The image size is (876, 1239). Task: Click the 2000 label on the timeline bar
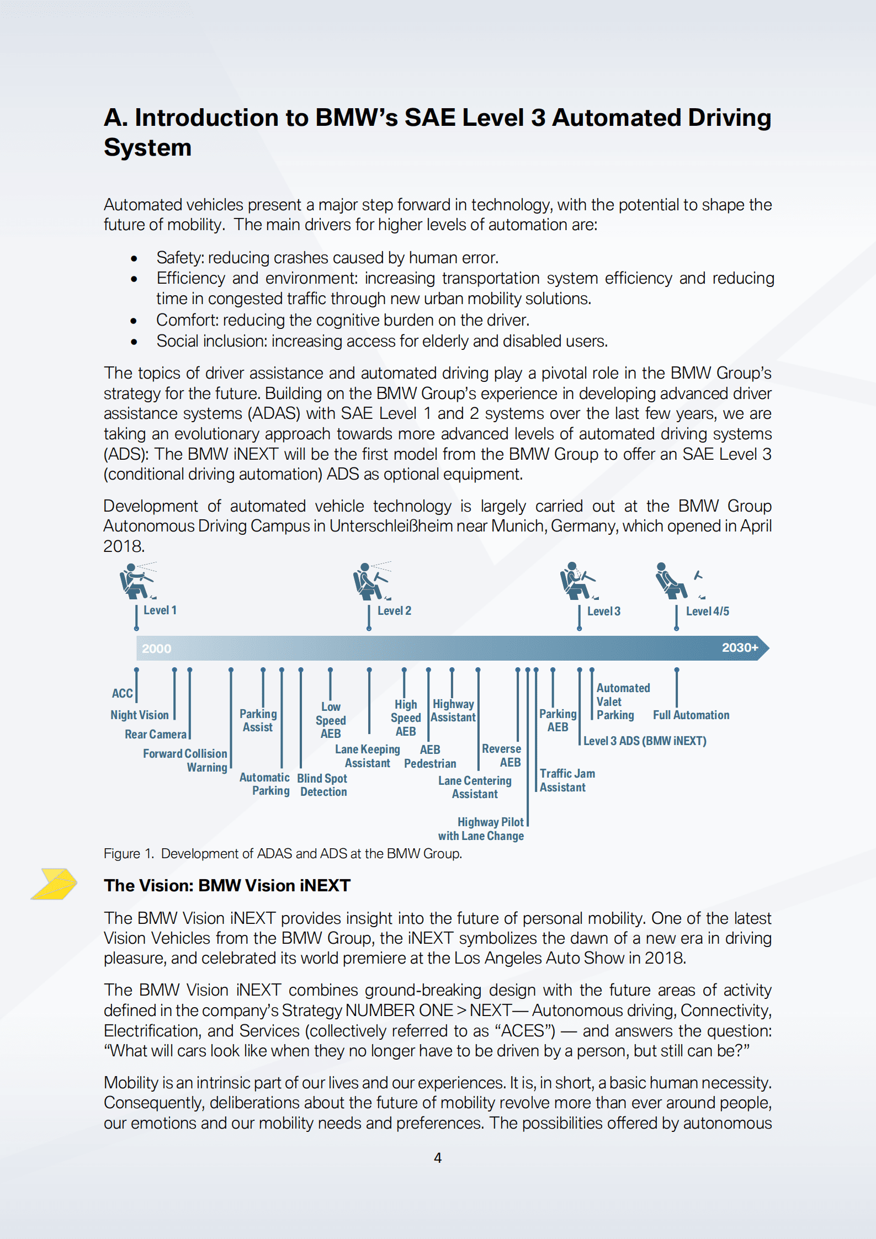[x=156, y=648]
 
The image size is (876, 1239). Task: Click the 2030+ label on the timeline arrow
[x=740, y=647]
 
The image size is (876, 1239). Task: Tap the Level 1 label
[x=160, y=610]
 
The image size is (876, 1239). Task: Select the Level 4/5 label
[x=707, y=611]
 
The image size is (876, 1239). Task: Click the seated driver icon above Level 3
[x=577, y=581]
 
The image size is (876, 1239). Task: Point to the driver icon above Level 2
[x=371, y=582]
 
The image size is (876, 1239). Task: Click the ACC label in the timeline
[x=122, y=693]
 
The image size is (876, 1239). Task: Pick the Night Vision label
[x=139, y=715]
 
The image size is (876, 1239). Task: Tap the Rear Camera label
[x=155, y=735]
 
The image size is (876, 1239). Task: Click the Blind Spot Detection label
[x=322, y=785]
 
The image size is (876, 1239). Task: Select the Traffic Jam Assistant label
[x=567, y=780]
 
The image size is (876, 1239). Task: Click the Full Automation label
[x=691, y=715]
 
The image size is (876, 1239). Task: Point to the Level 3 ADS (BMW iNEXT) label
[x=645, y=741]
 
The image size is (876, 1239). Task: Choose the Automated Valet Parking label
[x=622, y=701]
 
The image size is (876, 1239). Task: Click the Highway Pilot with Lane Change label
[x=481, y=829]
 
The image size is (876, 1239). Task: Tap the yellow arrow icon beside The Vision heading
[x=54, y=884]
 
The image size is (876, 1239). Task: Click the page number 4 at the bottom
[x=438, y=1158]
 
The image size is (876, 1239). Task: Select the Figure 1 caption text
[x=283, y=854]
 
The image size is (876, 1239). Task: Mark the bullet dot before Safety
[x=134, y=258]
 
